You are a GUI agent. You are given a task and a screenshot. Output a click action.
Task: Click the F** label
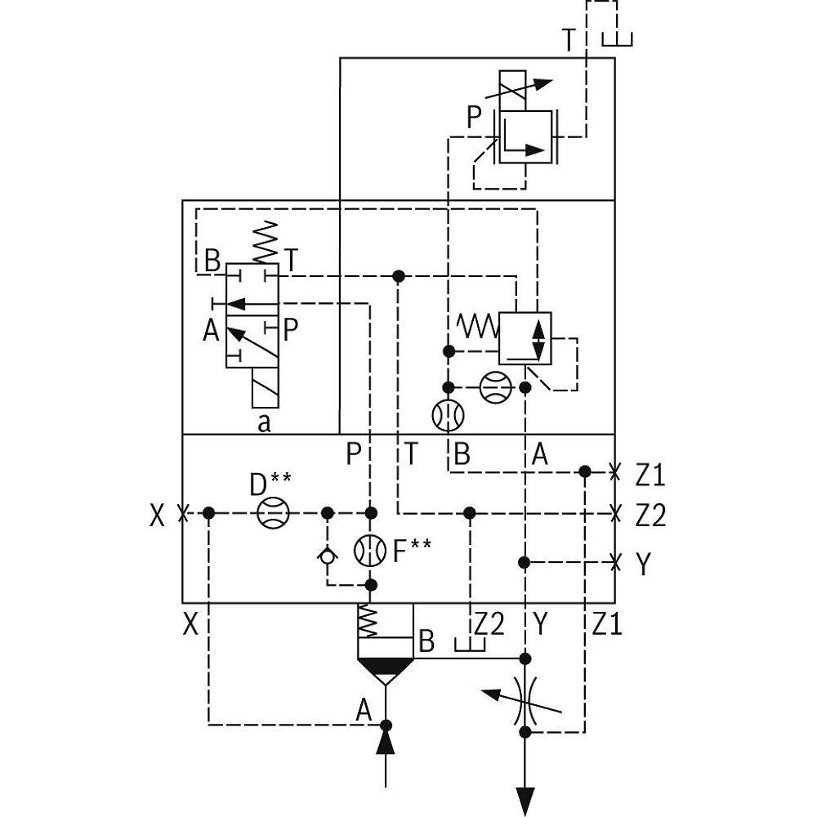[411, 551]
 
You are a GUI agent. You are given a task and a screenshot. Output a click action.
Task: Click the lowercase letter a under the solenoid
[264, 422]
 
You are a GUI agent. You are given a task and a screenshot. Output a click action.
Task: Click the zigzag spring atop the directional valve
[266, 241]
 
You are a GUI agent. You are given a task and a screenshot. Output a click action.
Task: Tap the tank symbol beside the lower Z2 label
[470, 645]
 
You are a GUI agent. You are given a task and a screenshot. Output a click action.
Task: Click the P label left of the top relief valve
[475, 118]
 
